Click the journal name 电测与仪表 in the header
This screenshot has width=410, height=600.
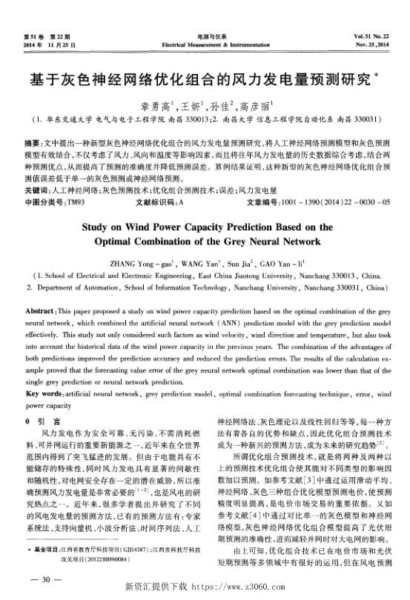(x=205, y=37)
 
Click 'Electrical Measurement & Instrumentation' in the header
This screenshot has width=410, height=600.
(x=205, y=44)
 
